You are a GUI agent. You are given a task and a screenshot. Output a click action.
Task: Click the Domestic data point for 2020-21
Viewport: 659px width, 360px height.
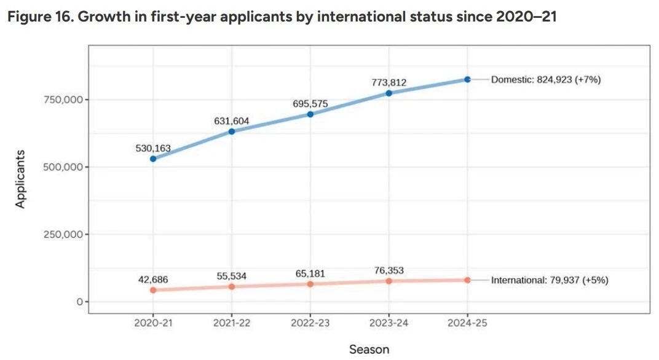(x=153, y=158)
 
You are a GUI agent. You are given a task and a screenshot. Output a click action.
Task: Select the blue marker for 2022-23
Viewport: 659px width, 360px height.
(x=310, y=114)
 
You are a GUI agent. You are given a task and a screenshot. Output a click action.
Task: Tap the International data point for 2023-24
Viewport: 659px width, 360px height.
(x=389, y=281)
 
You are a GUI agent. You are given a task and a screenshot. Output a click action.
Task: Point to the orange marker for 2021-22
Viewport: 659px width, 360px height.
(x=232, y=286)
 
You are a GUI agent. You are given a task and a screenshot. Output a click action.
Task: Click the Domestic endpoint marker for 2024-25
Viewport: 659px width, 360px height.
(x=467, y=79)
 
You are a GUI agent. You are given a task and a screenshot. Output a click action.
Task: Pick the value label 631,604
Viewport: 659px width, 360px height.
(x=232, y=121)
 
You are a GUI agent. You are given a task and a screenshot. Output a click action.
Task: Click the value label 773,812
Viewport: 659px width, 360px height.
(x=389, y=82)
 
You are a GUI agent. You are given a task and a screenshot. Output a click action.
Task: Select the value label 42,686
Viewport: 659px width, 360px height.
(x=153, y=280)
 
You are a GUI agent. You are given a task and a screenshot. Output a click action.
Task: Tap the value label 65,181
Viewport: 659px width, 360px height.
(x=310, y=273)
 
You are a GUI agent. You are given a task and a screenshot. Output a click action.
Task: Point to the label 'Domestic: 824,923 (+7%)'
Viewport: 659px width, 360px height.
(x=546, y=79)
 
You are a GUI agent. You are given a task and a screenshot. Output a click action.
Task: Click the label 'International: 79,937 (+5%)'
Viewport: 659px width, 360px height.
(x=550, y=280)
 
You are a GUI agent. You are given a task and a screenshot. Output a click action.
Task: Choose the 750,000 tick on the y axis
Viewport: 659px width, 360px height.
(x=63, y=100)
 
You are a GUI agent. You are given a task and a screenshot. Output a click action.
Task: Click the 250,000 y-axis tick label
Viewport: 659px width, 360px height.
(x=63, y=235)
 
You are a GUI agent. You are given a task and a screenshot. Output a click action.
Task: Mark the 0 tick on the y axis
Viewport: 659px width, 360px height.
(x=79, y=302)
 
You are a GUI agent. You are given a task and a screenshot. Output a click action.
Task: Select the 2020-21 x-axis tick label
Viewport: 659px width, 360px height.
(x=153, y=323)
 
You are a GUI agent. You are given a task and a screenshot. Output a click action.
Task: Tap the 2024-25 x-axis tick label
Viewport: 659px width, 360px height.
(x=467, y=323)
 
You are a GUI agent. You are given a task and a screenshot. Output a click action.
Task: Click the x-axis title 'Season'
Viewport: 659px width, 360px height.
(x=369, y=350)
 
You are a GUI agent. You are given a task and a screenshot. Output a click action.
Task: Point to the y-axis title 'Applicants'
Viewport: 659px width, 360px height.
(x=20, y=179)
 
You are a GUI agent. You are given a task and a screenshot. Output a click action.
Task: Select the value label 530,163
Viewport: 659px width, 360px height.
(x=153, y=148)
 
